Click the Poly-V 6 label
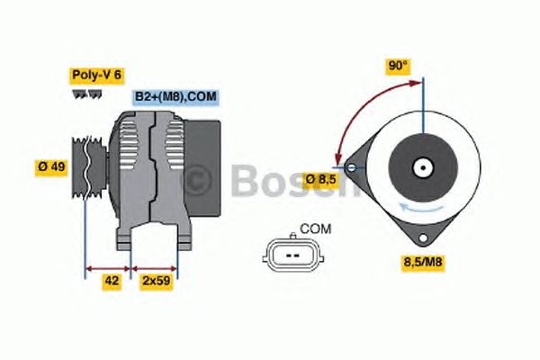pos(97,76)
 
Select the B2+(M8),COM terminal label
pos(175,97)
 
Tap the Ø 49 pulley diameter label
pos(51,167)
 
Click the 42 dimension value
pos(112,281)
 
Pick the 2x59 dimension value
pos(157,281)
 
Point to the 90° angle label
pos(398,66)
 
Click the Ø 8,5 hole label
pos(321,179)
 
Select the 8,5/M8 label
pos(423,262)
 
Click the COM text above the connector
pos(316,229)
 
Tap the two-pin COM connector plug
pos(293,255)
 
